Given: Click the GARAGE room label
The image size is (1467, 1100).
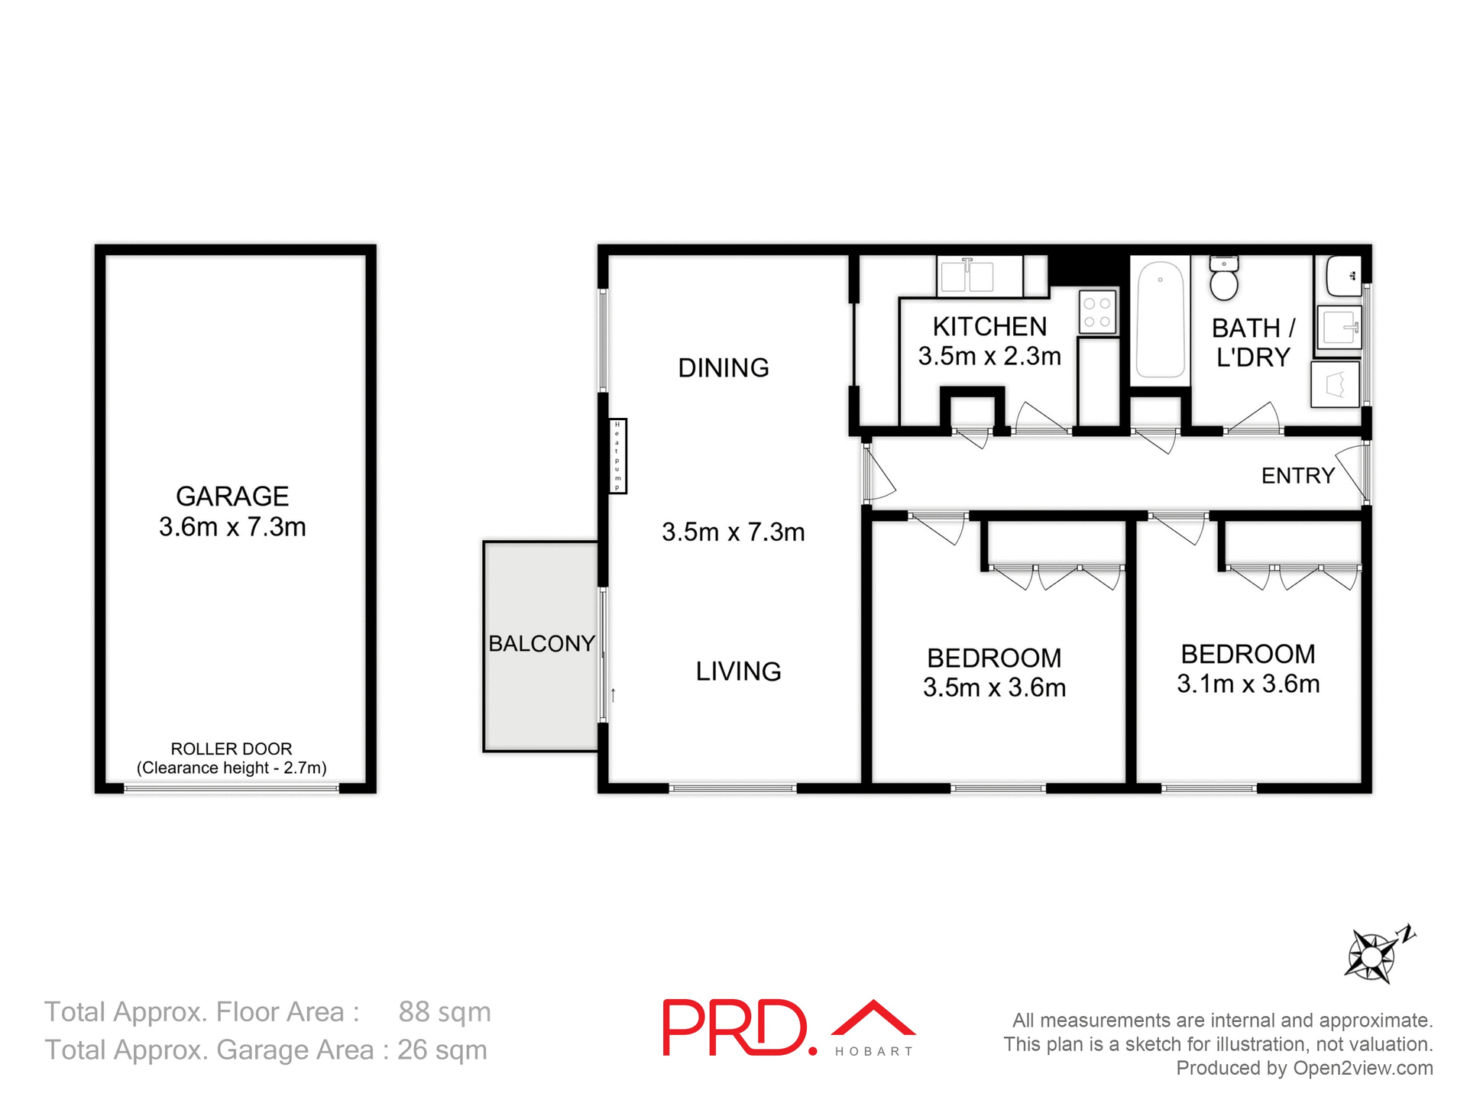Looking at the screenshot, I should (232, 497).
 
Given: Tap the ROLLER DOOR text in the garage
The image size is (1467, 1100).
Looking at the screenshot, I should (231, 749).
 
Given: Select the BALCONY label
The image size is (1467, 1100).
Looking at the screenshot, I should (541, 644).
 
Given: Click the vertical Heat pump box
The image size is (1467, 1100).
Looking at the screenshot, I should (617, 456).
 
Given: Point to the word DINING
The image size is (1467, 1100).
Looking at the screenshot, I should (724, 368).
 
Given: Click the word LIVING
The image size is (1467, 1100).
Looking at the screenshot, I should (738, 671).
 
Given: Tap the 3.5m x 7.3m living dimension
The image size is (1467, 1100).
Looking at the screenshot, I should (733, 532).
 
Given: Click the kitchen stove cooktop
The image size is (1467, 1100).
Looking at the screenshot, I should (1097, 312).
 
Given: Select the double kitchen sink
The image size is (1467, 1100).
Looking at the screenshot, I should (967, 276).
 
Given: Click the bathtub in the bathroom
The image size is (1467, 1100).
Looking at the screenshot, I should (1160, 319).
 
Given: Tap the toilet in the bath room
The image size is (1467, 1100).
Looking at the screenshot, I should (1224, 280).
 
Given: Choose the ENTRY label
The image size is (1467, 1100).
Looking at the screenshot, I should (1297, 476).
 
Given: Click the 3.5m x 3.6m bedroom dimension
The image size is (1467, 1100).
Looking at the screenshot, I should (994, 687).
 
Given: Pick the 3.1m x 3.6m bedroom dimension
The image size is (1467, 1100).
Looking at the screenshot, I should (1248, 684).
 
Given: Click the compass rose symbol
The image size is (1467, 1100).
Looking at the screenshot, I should (1371, 956).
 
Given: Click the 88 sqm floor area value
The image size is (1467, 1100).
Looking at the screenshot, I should (444, 1012).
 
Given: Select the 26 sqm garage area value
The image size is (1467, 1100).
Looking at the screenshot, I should (442, 1050).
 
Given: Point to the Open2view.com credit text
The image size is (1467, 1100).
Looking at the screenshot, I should (1362, 1069).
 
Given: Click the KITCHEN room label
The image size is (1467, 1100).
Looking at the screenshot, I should (989, 327).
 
